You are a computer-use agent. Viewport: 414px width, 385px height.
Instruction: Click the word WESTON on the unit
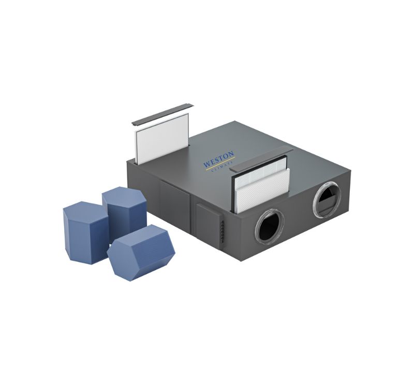point(218,159)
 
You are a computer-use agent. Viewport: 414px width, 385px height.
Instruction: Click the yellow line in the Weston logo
point(220,164)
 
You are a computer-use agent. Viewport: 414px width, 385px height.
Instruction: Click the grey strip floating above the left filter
point(162,115)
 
